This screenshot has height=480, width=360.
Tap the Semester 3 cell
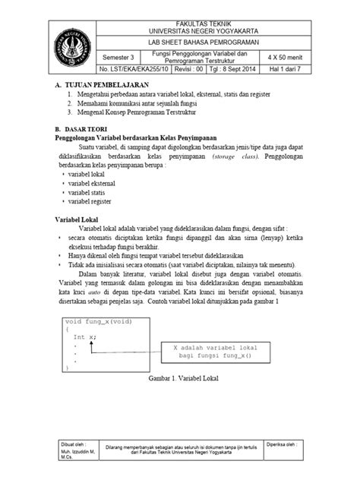(122, 57)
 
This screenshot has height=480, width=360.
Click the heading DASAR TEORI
(91, 129)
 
